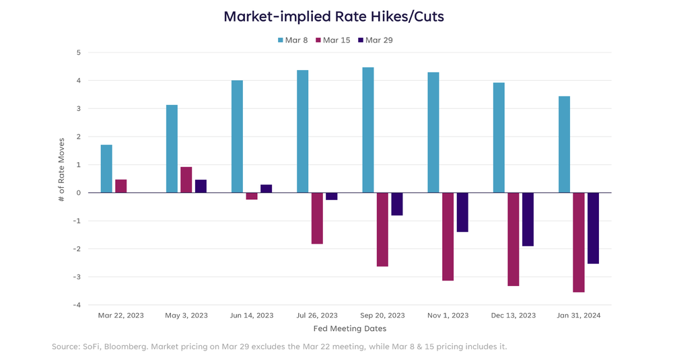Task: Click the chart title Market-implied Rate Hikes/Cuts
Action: tap(334, 16)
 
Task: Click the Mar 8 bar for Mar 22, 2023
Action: tap(106, 169)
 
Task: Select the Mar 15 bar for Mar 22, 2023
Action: tap(121, 186)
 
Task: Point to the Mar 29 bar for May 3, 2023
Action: tap(201, 186)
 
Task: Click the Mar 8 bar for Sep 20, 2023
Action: tap(368, 130)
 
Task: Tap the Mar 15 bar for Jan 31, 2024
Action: tap(579, 242)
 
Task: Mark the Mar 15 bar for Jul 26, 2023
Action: tap(317, 218)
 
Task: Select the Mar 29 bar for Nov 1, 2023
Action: tap(462, 212)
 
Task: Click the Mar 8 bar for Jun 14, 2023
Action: tap(237, 137)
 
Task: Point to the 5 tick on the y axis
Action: tap(78, 52)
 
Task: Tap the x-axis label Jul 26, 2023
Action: tap(317, 315)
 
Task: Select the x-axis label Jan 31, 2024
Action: tap(579, 315)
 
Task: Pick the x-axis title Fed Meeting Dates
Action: tap(350, 329)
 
